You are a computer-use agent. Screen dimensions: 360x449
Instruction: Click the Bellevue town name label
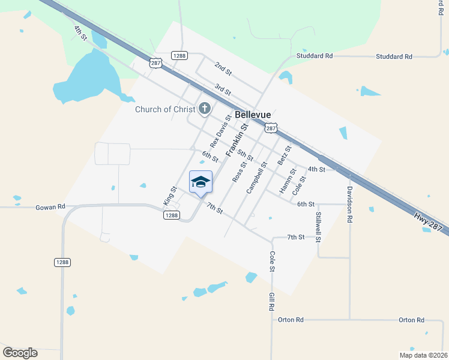pos(253,114)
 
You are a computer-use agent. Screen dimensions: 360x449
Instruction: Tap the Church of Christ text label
pos(165,109)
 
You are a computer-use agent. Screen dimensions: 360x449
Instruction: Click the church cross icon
pos(205,109)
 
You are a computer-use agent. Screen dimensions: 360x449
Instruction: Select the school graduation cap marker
pos(200,182)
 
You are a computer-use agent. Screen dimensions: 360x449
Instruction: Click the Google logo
pos(20,353)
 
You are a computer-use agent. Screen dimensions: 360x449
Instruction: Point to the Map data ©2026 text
pos(423,355)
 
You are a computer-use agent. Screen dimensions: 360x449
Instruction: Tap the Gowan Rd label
pos(50,207)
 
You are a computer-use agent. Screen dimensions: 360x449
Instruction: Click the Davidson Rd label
pos(349,204)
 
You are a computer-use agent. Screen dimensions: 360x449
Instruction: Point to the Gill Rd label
pos(271,302)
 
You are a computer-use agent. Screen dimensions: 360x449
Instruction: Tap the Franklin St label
pos(237,140)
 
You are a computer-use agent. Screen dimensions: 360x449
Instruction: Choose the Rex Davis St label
pos(220,131)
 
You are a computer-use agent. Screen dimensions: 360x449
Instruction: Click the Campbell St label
pos(256,177)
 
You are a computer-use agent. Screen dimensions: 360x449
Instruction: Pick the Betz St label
pos(284,155)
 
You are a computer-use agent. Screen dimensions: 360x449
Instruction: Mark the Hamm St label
pos(288,181)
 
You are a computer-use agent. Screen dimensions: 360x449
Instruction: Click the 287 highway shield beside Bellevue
pos(271,128)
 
